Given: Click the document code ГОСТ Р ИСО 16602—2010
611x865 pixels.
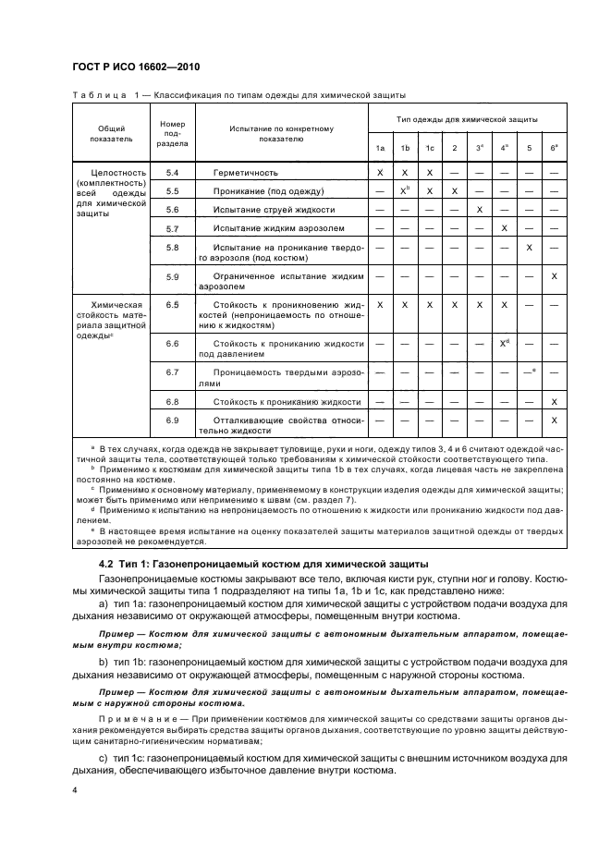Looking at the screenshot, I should pyautogui.click(x=135, y=68).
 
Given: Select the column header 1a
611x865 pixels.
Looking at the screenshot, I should pyautogui.click(x=380, y=149).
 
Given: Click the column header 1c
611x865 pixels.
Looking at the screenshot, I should pyautogui.click(x=429, y=149).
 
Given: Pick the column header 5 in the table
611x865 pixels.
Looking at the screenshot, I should pyautogui.click(x=529, y=149).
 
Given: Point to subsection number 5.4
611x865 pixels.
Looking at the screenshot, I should pyautogui.click(x=172, y=173).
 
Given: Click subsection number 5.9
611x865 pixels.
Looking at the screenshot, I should pyautogui.click(x=172, y=277).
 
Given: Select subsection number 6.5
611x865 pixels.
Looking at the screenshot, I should pyautogui.click(x=172, y=304).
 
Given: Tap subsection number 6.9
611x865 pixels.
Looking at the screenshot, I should pyautogui.click(x=172, y=420).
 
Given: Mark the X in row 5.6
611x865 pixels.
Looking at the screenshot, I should pyautogui.click(x=479, y=210).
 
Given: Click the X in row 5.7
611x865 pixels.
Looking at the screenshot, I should pyautogui.click(x=504, y=227).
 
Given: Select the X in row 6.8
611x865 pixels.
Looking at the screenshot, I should pyautogui.click(x=554, y=402).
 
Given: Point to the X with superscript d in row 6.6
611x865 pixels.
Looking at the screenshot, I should pyautogui.click(x=505, y=343).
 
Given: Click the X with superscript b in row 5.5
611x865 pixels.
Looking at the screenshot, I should pyautogui.click(x=405, y=190).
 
